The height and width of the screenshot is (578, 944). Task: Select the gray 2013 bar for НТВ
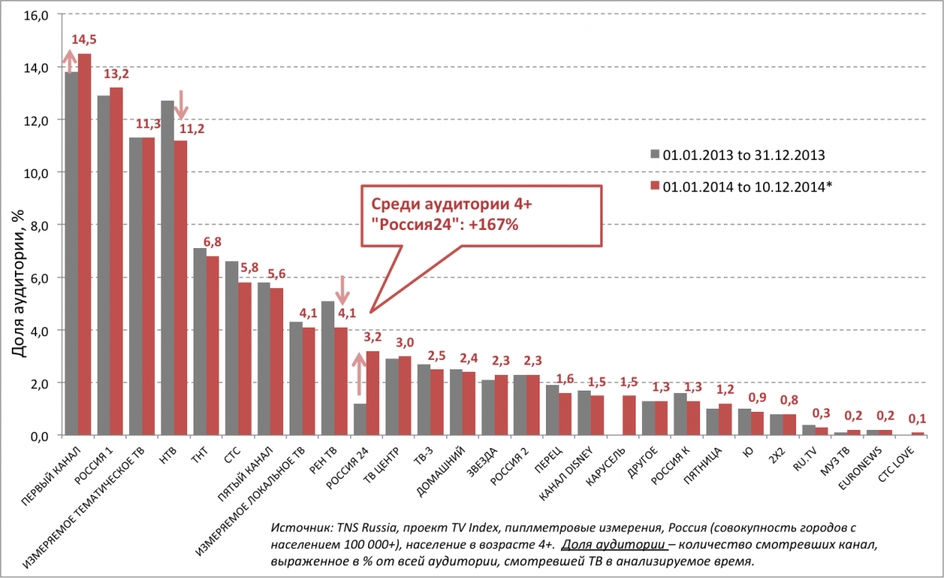(168, 268)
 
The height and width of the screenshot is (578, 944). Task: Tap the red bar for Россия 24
(373, 393)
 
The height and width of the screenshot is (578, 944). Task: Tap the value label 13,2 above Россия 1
(116, 75)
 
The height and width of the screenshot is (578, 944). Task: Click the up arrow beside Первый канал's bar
(69, 60)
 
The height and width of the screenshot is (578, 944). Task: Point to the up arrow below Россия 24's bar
(359, 374)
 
